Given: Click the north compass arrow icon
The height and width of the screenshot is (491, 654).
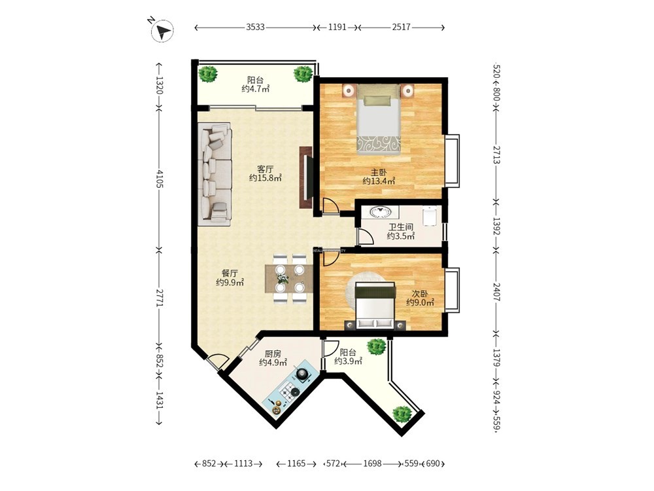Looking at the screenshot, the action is tap(163, 31).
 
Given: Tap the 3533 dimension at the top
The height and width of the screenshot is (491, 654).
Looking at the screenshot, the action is tap(255, 27).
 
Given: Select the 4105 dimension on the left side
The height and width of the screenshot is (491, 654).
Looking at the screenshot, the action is tap(159, 178).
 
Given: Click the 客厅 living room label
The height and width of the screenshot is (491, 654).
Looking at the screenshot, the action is tap(266, 169).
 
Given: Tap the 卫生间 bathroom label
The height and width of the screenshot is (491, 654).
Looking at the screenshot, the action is tap(401, 227).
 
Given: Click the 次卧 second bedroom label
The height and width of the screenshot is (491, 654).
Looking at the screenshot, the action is tap(420, 293).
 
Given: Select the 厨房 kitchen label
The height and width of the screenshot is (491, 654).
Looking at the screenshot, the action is tap(273, 354).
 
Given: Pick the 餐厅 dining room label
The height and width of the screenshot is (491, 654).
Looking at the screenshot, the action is tap(230, 274).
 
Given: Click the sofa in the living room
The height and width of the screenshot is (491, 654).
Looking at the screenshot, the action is tap(215, 174).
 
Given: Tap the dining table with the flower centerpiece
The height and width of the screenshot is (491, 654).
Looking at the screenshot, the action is tap(289, 278).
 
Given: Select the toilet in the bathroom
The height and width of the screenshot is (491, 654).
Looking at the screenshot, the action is tap(429, 216).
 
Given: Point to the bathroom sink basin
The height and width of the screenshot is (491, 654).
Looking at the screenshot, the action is tap(379, 211).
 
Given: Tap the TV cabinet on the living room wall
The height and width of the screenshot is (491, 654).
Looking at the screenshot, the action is tap(306, 177).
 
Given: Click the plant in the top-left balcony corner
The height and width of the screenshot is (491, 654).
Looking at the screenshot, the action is tap(207, 75).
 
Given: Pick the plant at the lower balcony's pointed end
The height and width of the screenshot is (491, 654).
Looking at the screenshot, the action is tap(402, 413).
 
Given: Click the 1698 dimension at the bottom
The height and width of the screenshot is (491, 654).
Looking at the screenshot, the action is tap(373, 464).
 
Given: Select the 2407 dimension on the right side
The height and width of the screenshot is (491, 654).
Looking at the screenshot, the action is tap(496, 292).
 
